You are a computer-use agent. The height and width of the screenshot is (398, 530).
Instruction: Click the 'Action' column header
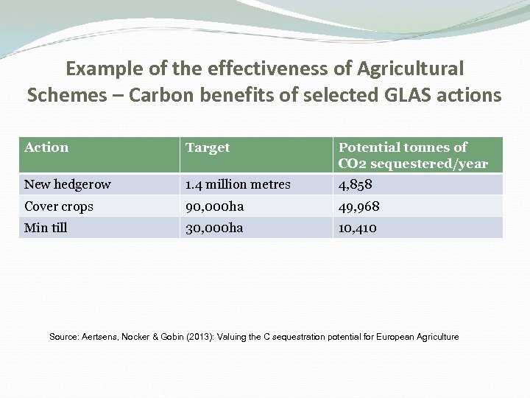46,147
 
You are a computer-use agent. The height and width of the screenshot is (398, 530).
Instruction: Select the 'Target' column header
208,147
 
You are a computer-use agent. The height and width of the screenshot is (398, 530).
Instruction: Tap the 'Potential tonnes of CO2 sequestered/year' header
413,156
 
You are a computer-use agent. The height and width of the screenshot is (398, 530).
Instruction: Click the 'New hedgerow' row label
68,184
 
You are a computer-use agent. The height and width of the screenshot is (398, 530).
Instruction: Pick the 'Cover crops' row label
59,206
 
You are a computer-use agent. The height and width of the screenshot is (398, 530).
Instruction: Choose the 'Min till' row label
46,228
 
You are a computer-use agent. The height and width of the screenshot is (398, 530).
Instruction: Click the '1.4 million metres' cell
238,184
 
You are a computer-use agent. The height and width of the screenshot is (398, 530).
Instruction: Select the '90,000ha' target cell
214,206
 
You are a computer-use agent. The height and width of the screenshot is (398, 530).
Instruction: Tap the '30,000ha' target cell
214,228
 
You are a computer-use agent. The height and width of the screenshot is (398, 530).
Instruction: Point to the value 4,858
356,184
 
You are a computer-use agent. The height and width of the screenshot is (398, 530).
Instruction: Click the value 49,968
359,206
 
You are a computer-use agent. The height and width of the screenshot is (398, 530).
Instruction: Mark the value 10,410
358,228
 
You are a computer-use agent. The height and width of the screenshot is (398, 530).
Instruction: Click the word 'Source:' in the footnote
65,337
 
